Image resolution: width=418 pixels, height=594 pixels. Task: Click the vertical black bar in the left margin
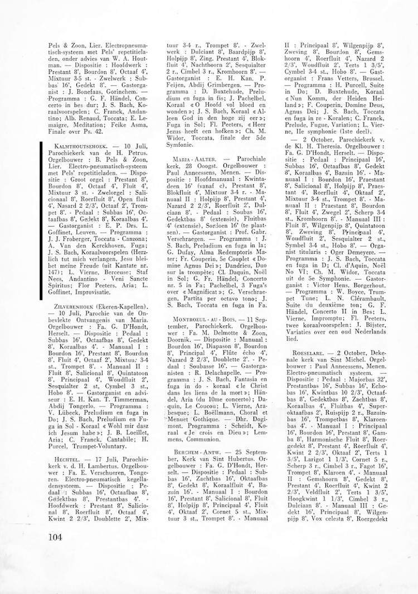pyautogui.click(x=42, y=221)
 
